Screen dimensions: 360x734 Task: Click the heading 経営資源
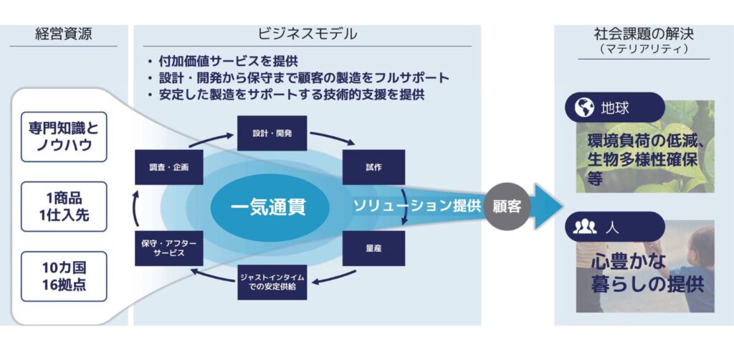[63, 34]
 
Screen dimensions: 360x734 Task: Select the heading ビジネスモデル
[308, 34]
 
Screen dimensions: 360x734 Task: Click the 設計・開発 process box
[272, 133]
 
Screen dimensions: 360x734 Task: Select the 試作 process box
[373, 167]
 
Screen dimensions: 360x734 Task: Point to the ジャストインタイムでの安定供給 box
[272, 283]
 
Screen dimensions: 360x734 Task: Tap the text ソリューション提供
[416, 206]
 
